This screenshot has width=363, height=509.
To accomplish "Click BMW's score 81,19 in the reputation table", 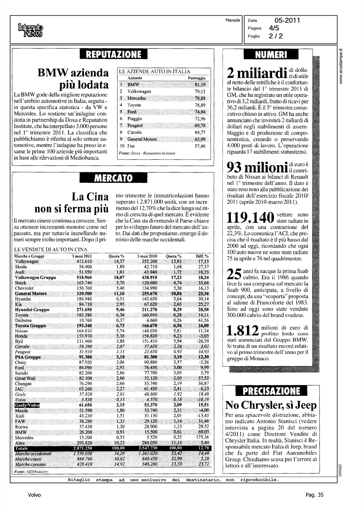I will coord(200,84).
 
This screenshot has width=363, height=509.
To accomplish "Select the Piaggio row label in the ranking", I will coord(135,119).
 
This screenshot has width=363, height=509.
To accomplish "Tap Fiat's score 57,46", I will coord(200,146).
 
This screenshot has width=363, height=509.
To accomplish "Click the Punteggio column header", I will coord(197,78).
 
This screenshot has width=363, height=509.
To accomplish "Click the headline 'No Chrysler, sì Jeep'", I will coord(271,405).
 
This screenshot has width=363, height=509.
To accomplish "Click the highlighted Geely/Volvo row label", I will coord(27,405).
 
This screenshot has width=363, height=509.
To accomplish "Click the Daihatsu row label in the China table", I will coord(23,320).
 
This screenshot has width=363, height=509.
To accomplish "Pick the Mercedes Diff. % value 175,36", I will coord(203,438).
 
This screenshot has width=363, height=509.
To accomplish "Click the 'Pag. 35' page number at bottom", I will coord(314,495).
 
